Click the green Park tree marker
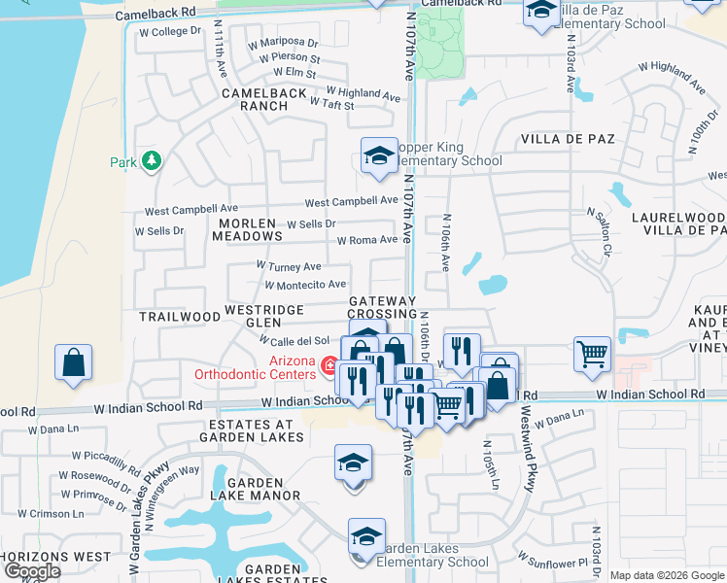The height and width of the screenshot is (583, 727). (x=151, y=161)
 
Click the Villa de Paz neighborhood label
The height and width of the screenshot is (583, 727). (x=569, y=139)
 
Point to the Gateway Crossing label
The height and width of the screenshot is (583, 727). (x=382, y=308)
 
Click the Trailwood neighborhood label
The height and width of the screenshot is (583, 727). (x=180, y=317)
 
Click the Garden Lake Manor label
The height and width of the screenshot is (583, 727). (x=262, y=488)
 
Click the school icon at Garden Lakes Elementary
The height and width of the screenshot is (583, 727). (x=366, y=535)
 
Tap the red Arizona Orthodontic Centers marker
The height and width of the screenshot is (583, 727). (x=329, y=367)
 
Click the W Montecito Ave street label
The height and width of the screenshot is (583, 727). (x=305, y=285)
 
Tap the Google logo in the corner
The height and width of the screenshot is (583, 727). (x=32, y=571)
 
